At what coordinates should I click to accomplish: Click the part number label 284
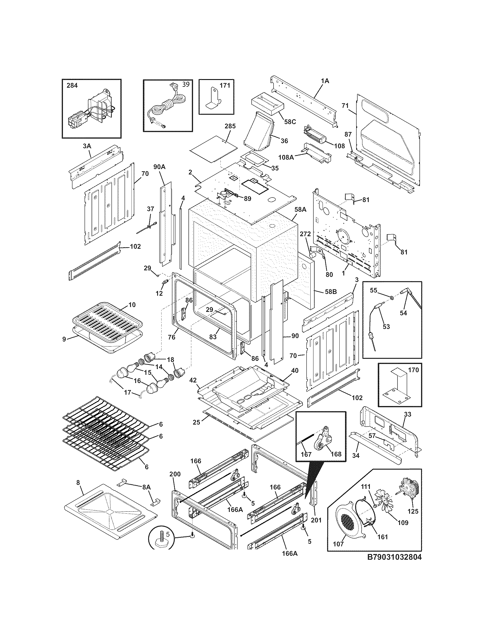point(72,85)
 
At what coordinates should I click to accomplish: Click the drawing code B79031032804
point(394,557)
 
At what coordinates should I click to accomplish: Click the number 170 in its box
point(413,370)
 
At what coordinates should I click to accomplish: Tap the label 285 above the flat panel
point(230,126)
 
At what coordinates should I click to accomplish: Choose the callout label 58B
point(330,292)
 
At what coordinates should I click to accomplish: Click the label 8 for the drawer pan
point(78,483)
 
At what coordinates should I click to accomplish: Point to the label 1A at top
point(325,81)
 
